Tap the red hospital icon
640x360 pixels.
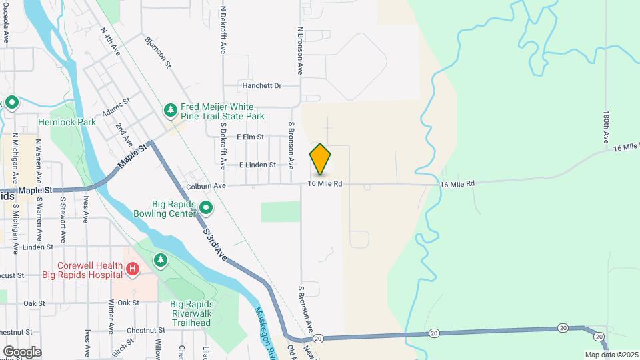pyautogui.click(x=133, y=269)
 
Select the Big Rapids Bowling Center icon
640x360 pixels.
pyautogui.click(x=206, y=209)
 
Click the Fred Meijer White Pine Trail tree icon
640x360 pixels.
pyautogui.click(x=171, y=109)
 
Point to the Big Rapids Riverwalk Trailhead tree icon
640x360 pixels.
pyautogui.click(x=160, y=259)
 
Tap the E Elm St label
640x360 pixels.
pyautogui.click(x=251, y=137)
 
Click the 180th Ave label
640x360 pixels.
pyautogui.click(x=606, y=127)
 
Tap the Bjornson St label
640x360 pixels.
pyautogui.click(x=159, y=52)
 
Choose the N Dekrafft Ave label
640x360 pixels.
pyautogui.click(x=223, y=32)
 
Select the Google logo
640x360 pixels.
pyautogui.click(x=22, y=351)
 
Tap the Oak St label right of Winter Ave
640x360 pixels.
pyautogui.click(x=128, y=303)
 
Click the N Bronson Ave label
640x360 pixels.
pyautogui.click(x=301, y=50)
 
